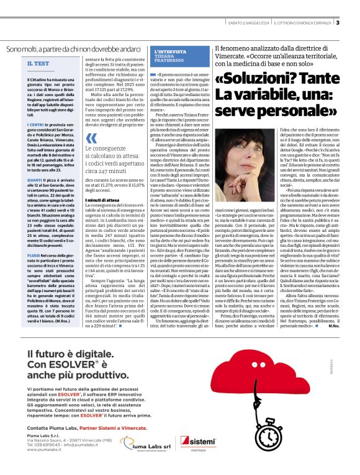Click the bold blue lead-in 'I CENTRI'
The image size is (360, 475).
(35, 125)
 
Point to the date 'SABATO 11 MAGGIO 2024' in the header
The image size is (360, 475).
(250, 23)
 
